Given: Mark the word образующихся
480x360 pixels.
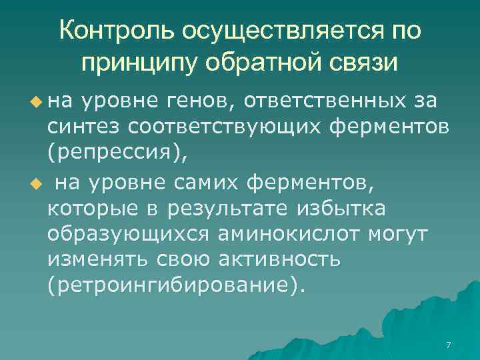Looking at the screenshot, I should pyautogui.click(x=126, y=235).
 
